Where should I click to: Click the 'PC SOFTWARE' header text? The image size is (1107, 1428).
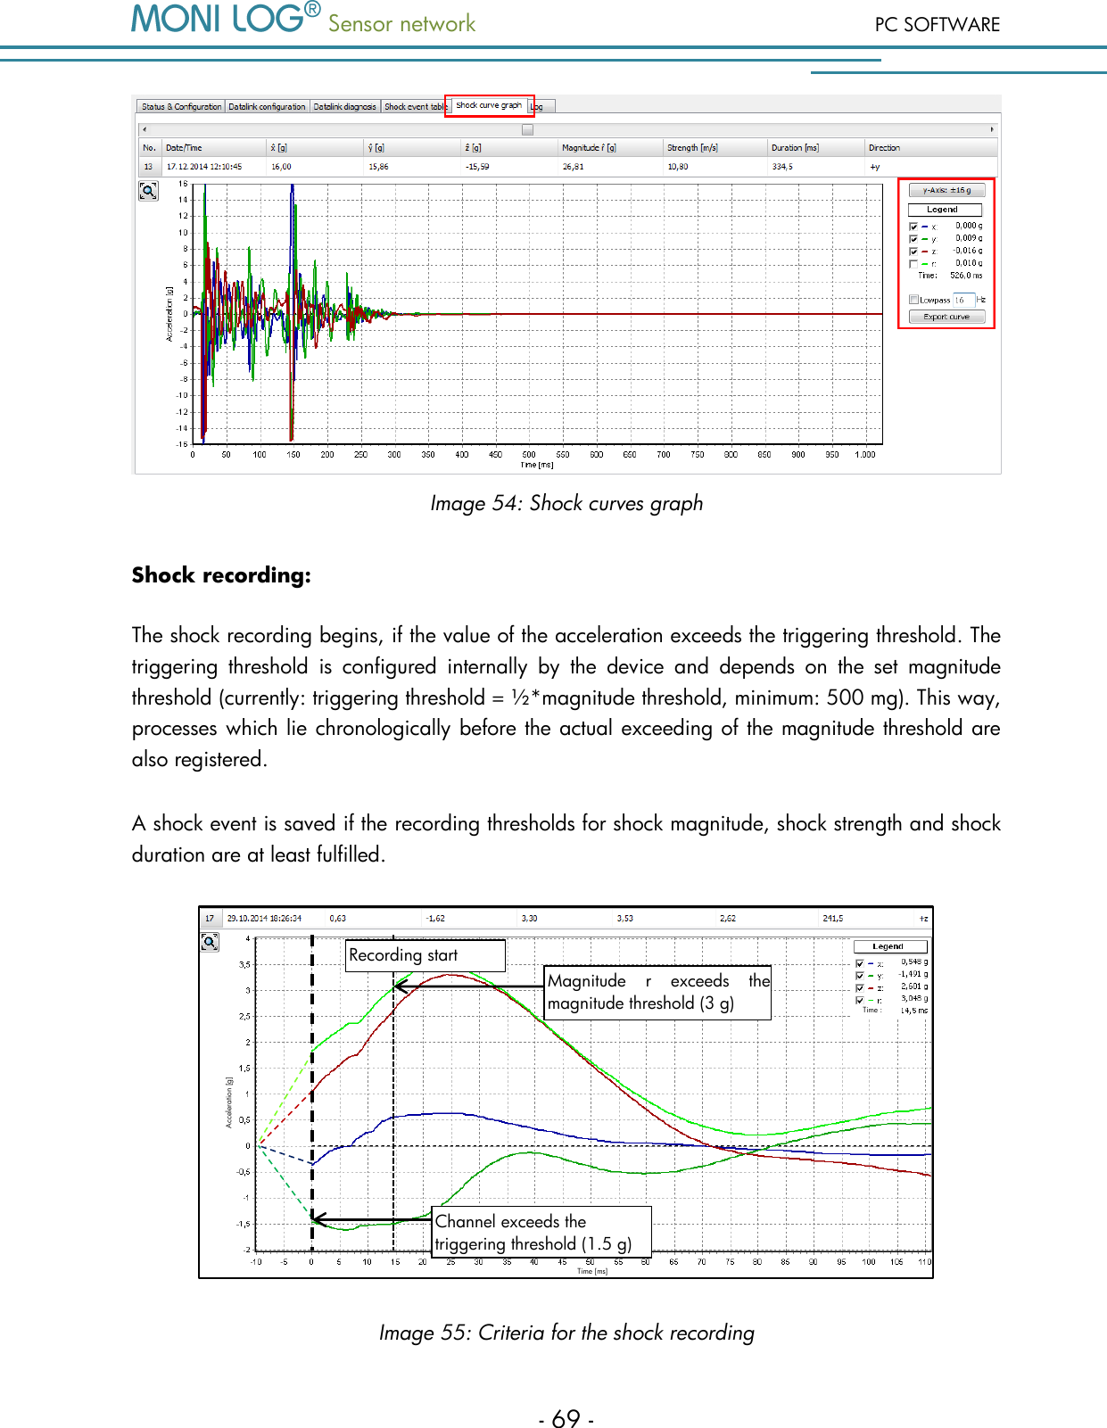click(937, 25)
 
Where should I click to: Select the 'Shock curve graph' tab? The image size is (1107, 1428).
click(489, 105)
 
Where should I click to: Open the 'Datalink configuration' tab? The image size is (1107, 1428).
click(267, 107)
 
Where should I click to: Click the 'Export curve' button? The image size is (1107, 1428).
click(946, 317)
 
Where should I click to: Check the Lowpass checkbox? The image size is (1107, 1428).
click(913, 300)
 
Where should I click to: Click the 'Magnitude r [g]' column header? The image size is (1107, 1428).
click(589, 148)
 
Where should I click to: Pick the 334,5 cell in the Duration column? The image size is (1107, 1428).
click(782, 167)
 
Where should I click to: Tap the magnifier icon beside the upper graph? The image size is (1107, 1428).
click(148, 191)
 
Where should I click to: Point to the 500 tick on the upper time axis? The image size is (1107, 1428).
click(529, 454)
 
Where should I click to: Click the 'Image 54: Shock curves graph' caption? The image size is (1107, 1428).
click(566, 503)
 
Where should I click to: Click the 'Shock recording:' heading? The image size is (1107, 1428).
click(221, 575)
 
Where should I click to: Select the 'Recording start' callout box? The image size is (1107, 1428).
click(425, 955)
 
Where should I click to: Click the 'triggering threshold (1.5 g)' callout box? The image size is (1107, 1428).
click(541, 1233)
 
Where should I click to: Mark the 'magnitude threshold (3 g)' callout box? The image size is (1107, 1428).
click(657, 993)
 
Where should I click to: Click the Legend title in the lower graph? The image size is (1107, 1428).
click(889, 946)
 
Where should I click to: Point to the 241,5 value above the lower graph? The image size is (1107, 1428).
click(832, 918)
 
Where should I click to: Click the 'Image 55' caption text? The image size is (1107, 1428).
click(566, 1333)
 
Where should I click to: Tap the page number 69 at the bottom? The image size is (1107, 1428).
click(566, 1418)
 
